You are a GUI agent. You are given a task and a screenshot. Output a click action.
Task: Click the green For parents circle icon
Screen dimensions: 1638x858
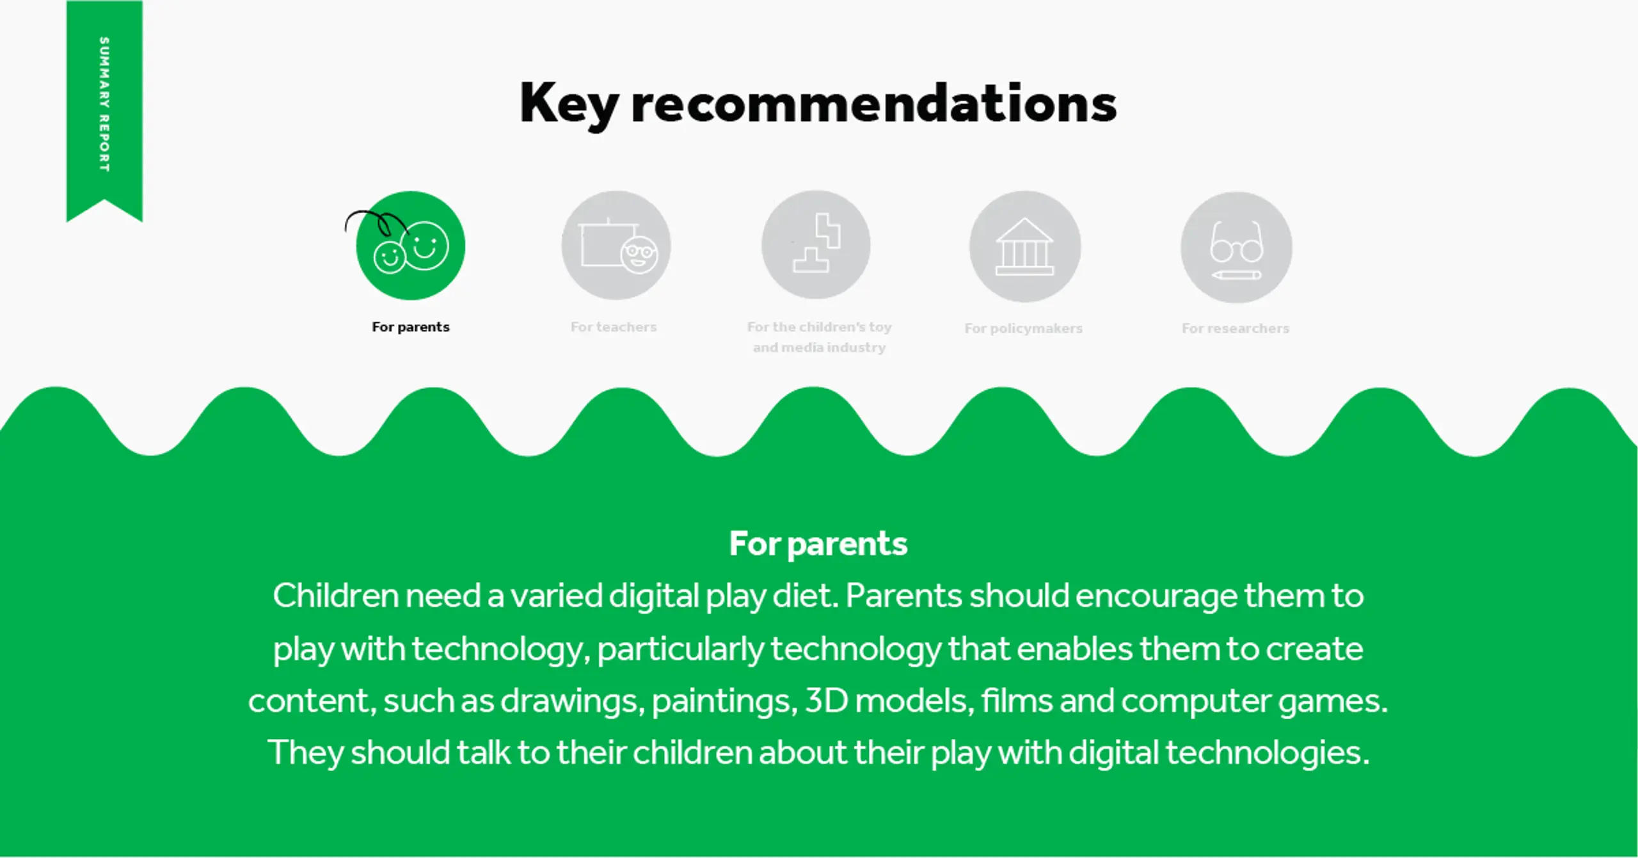pyautogui.click(x=410, y=246)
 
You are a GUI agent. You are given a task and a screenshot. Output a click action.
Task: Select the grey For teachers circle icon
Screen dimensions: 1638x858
pyautogui.click(x=616, y=246)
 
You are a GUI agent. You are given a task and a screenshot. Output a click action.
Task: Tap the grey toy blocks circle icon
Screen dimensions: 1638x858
pyautogui.click(x=816, y=245)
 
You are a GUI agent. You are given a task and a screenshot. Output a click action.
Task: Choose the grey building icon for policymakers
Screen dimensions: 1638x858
pyautogui.click(x=1025, y=246)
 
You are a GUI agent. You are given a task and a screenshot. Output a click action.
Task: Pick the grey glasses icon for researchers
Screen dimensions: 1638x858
pyautogui.click(x=1236, y=247)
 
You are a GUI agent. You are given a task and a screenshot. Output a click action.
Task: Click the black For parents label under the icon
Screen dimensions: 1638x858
pyautogui.click(x=411, y=327)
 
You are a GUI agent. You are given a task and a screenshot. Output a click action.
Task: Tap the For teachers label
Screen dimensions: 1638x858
pyautogui.click(x=614, y=327)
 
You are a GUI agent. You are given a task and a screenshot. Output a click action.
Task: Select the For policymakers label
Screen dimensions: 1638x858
pyautogui.click(x=1023, y=328)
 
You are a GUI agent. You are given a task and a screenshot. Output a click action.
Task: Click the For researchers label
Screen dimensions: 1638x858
pyautogui.click(x=1235, y=328)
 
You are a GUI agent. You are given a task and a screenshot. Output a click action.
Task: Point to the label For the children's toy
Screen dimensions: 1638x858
pyautogui.click(x=819, y=327)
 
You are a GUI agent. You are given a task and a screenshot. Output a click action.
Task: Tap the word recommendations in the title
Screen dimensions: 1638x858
pyautogui.click(x=874, y=103)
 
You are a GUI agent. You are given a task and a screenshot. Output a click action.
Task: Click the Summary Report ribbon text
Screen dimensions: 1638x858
pyautogui.click(x=104, y=104)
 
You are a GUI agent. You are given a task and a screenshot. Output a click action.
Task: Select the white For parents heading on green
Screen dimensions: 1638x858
pyautogui.click(x=818, y=544)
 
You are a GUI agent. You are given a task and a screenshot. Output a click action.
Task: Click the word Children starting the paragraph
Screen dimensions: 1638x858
pyautogui.click(x=336, y=596)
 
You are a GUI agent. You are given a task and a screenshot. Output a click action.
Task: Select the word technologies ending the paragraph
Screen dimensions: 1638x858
pyautogui.click(x=1268, y=753)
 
